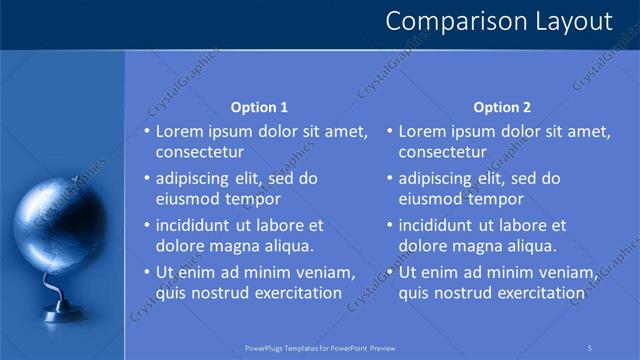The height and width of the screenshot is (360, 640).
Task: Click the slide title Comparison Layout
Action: (498, 21)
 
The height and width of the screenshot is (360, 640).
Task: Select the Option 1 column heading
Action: (259, 107)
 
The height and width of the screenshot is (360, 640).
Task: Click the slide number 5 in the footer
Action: (590, 347)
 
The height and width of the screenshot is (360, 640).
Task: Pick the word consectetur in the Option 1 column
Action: (200, 152)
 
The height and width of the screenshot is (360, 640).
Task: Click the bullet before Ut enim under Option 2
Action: (390, 272)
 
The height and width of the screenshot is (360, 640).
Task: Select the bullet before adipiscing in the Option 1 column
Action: (147, 179)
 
